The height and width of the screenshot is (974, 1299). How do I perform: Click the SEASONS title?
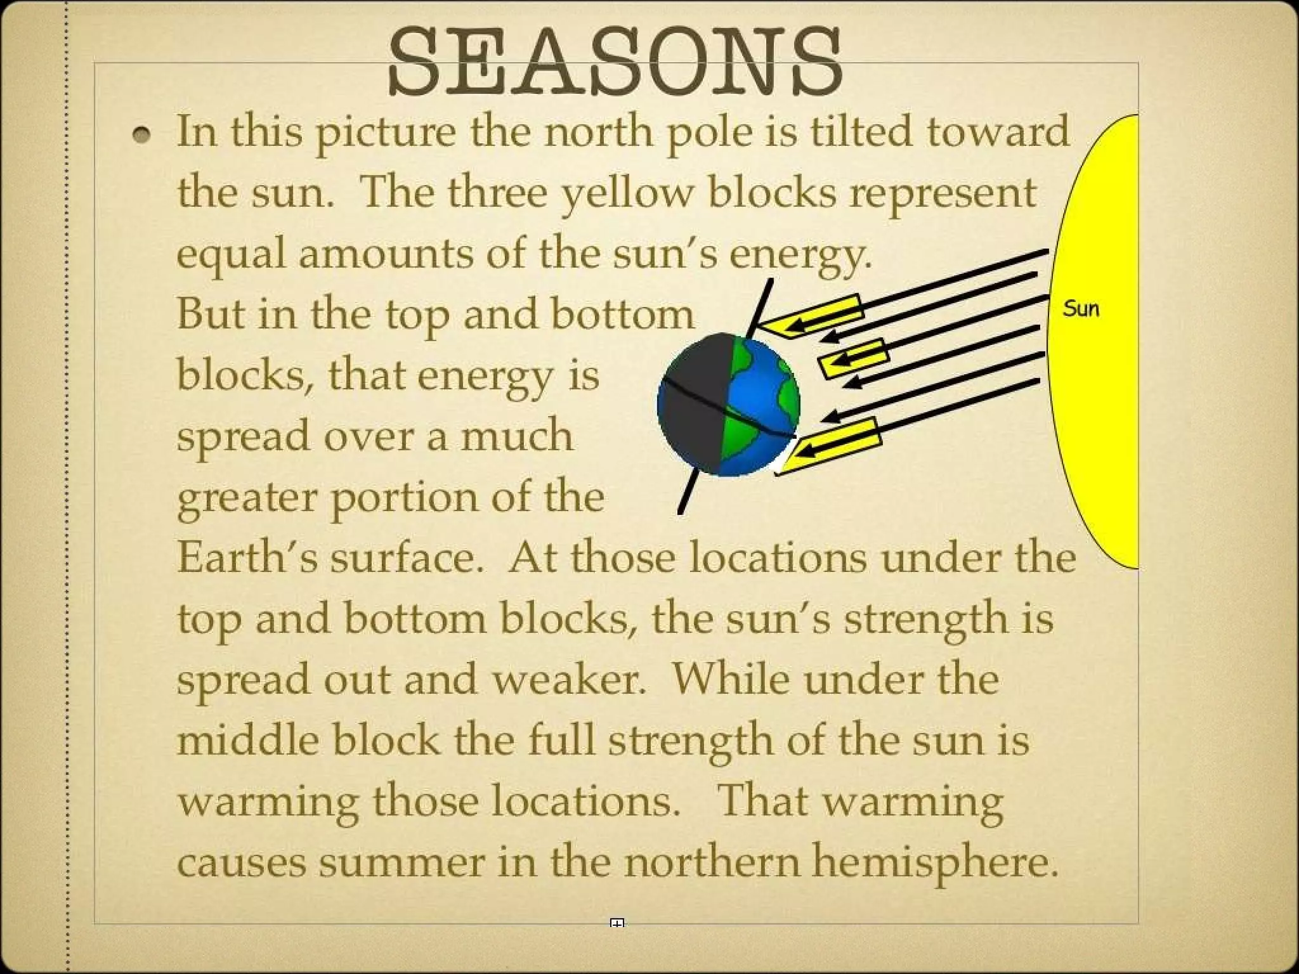(x=615, y=62)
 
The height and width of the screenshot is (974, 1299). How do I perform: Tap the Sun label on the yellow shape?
(x=1081, y=309)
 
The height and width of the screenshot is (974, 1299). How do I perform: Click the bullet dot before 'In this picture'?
(x=143, y=135)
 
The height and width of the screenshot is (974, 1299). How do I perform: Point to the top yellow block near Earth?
(x=812, y=316)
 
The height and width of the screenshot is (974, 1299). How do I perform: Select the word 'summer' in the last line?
(x=401, y=862)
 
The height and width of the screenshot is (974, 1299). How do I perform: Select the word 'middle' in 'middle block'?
(x=247, y=740)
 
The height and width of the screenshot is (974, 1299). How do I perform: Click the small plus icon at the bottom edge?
(x=617, y=923)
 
